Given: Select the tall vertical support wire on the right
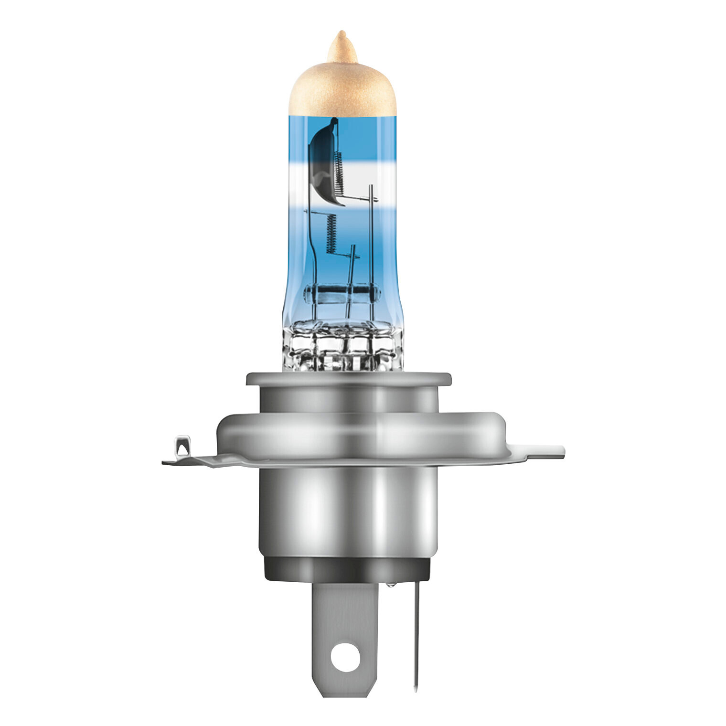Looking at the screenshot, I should click(x=371, y=239).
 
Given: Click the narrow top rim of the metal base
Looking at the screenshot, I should click(x=348, y=380).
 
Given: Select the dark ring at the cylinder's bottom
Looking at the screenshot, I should click(x=347, y=569).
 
